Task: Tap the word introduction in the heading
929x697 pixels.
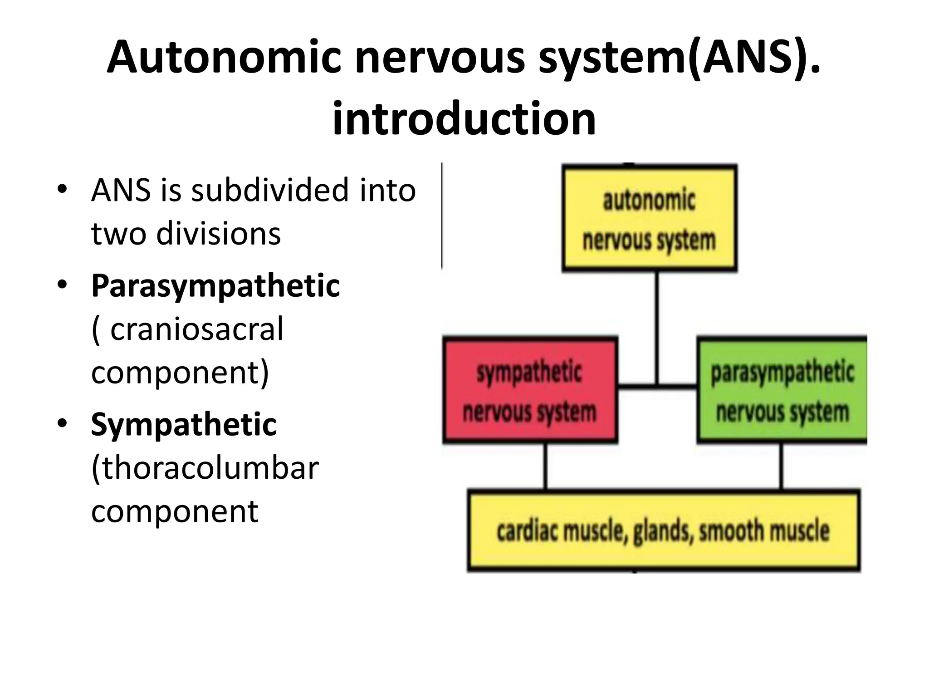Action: (x=464, y=119)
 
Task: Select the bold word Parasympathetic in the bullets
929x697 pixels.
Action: (x=215, y=286)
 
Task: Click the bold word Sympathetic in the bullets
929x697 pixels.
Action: (x=184, y=425)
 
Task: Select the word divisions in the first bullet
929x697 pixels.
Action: (x=218, y=233)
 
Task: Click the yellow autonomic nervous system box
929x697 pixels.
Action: (x=649, y=219)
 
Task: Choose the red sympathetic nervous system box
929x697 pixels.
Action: (x=530, y=390)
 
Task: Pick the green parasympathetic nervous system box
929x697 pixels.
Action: (x=782, y=390)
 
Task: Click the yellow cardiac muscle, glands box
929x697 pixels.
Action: (x=663, y=530)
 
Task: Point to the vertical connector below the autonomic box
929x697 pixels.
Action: (x=656, y=327)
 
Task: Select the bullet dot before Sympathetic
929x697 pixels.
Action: (x=62, y=423)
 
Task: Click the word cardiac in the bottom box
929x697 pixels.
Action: (x=527, y=531)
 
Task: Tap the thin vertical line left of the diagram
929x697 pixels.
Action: (x=442, y=216)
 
